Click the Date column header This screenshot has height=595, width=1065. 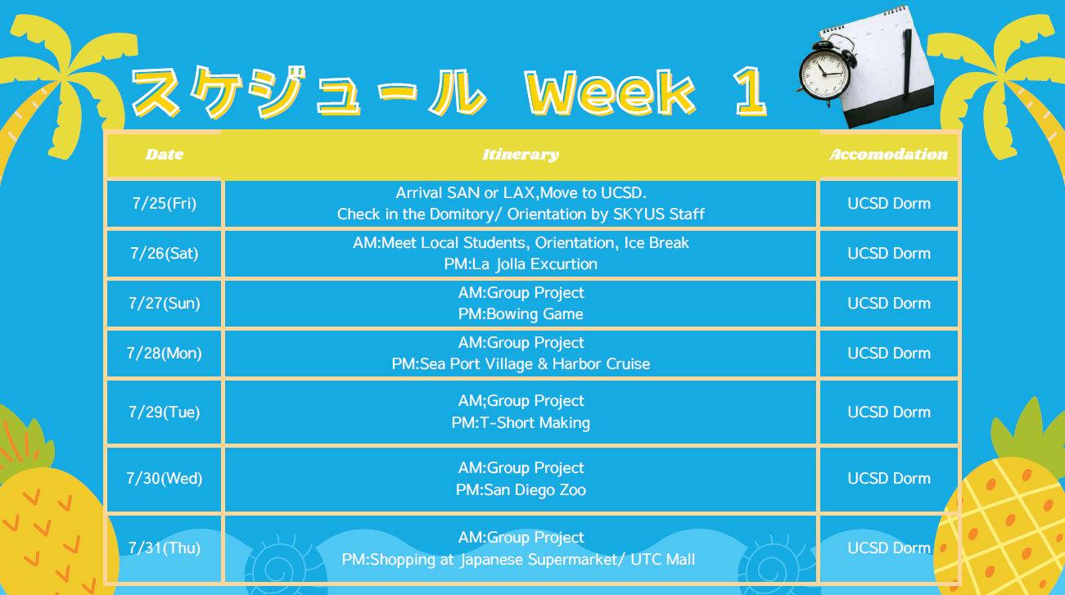[164, 155]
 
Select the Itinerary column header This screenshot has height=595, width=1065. [521, 155]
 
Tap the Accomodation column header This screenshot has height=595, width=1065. [889, 155]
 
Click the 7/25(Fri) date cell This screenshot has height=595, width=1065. [164, 204]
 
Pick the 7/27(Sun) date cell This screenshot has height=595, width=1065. [164, 303]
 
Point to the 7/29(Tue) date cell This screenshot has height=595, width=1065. [164, 412]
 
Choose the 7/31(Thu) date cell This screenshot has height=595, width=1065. [164, 548]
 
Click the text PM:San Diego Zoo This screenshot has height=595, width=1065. [521, 490]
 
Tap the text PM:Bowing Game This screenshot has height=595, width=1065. [521, 314]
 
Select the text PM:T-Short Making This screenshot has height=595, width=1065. [521, 423]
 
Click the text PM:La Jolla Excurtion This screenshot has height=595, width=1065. [521, 264]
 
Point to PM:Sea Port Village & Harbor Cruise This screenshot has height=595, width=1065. [521, 364]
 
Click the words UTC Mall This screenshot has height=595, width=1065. [663, 559]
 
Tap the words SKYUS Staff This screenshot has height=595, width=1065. [659, 214]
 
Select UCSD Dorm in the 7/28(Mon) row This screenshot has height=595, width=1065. [889, 353]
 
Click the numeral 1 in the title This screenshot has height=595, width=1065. [750, 91]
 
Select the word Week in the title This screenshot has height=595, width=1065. [610, 91]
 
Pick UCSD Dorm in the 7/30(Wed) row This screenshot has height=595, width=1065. [889, 479]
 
